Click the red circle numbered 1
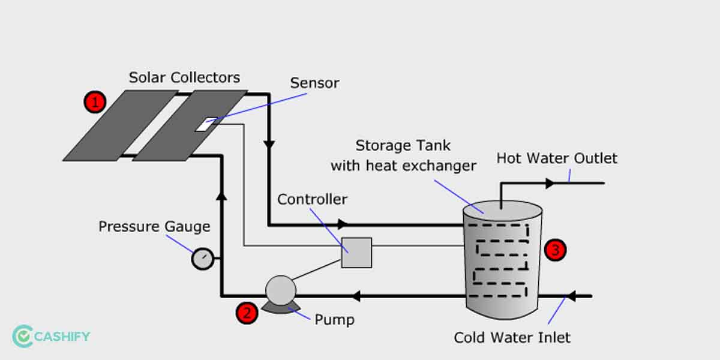(94, 102)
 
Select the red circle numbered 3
(554, 250)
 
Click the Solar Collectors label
(184, 77)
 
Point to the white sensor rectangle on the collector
(205, 125)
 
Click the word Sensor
(314, 83)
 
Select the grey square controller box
(356, 253)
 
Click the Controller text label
(312, 199)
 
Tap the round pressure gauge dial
(203, 259)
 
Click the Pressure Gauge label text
(154, 227)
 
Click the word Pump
(334, 320)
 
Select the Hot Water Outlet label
(557, 158)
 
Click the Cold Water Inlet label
(512, 337)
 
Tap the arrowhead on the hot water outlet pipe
(550, 183)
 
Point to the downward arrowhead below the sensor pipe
(269, 145)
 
